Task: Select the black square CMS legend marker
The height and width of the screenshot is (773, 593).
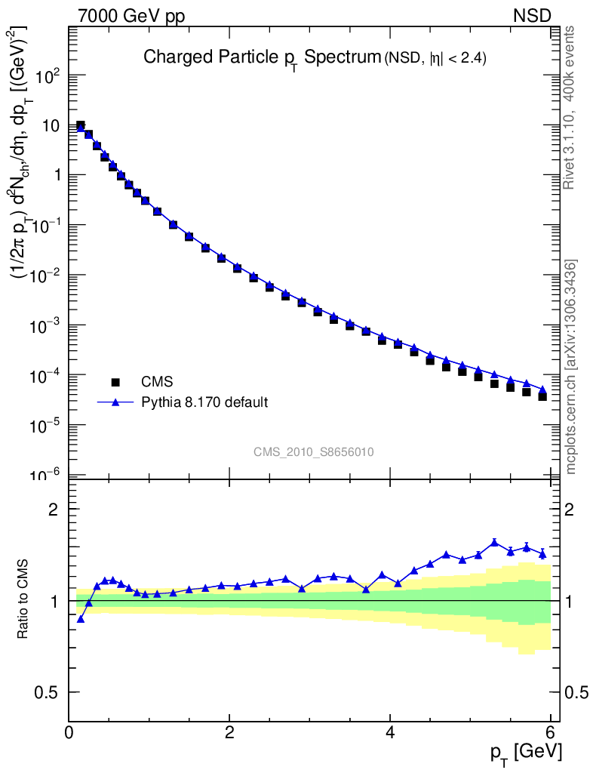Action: pyautogui.click(x=116, y=382)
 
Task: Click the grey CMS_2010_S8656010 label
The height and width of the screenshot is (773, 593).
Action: pyautogui.click(x=314, y=452)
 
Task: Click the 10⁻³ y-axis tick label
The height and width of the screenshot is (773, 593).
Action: pyautogui.click(x=48, y=325)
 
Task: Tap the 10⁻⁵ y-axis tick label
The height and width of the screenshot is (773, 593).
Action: pyautogui.click(x=48, y=425)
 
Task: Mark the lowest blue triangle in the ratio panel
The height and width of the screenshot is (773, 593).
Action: pyautogui.click(x=81, y=619)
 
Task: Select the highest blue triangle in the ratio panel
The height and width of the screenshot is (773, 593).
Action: pyautogui.click(x=494, y=542)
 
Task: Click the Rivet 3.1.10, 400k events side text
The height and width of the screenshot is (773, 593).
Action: pyautogui.click(x=570, y=107)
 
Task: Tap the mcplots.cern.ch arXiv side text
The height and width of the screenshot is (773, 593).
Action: pyautogui.click(x=571, y=366)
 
